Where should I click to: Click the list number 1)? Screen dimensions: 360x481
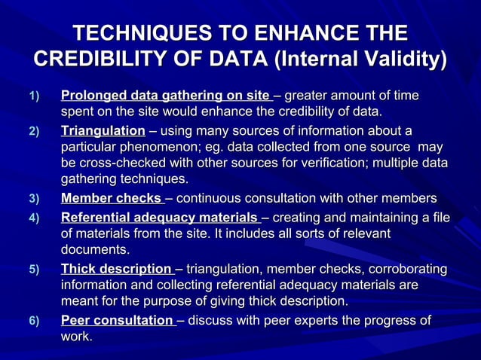click(32, 97)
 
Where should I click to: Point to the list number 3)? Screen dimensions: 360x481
click(32, 200)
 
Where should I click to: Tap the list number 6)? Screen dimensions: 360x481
click(32, 322)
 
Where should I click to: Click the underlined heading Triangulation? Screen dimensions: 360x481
click(103, 130)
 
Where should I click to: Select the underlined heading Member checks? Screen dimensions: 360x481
click(111, 199)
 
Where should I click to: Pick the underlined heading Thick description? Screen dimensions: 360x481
click(116, 270)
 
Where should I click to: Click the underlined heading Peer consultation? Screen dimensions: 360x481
click(117, 322)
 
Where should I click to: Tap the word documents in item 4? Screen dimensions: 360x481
click(94, 250)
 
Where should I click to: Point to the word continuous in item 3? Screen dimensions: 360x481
click(213, 199)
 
